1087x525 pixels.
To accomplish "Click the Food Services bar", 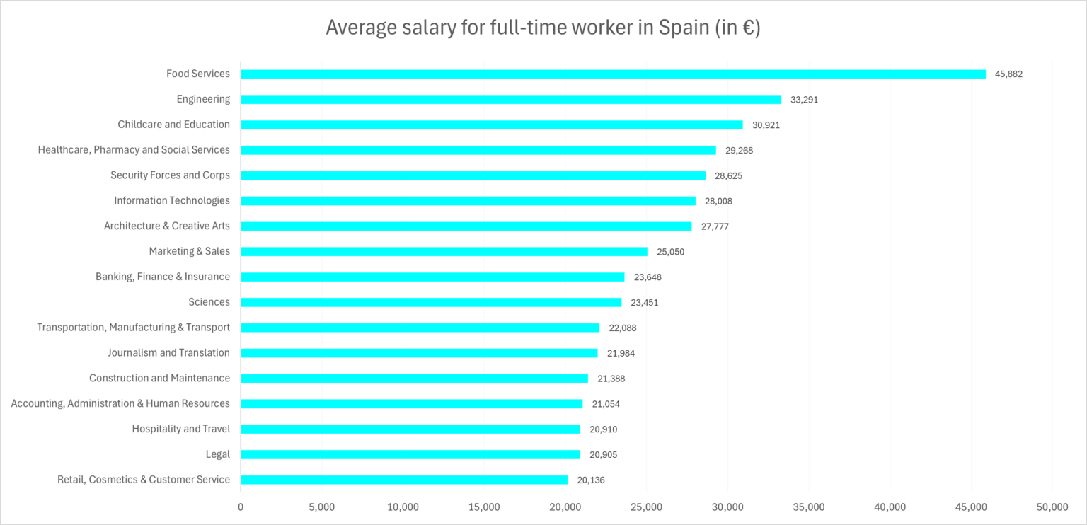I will (613, 74).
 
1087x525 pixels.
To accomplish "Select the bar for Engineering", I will (511, 100).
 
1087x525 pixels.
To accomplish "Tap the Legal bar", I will (410, 454).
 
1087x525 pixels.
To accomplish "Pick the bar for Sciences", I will (431, 302).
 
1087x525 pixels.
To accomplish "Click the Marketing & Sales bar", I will (444, 251).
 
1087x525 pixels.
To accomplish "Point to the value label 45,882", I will (1008, 74).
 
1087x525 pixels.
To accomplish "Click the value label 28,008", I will (718, 201).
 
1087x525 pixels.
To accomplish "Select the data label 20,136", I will (591, 480).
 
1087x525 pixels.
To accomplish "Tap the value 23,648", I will (648, 277).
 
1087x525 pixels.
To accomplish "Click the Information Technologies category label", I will (172, 200).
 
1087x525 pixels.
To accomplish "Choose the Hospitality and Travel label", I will (180, 429).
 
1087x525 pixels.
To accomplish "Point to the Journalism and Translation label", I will (168, 352).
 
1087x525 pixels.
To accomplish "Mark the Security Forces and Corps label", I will (170, 175).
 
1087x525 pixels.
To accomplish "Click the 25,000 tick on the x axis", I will (646, 507).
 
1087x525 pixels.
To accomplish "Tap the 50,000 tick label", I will (1052, 507).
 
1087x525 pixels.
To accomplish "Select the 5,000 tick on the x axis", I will (321, 507).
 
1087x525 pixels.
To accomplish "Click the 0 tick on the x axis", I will (241, 507).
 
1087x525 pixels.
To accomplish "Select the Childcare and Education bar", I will (492, 125).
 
